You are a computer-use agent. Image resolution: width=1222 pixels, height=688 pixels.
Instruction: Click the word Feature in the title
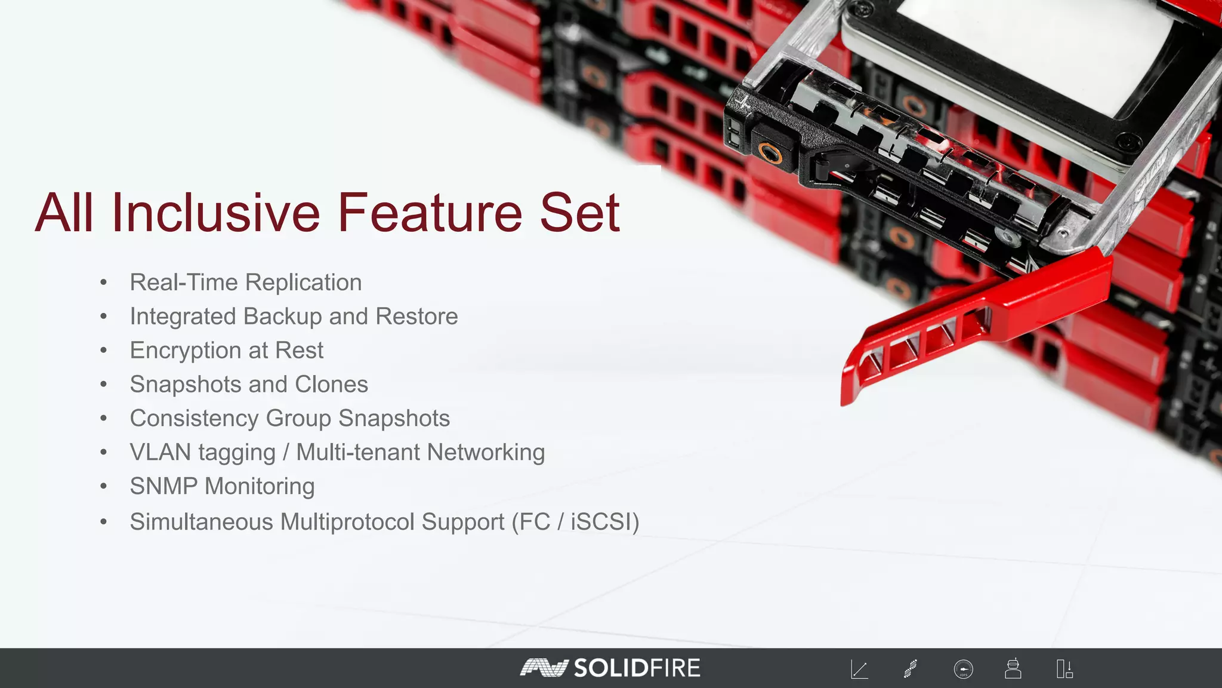tap(431, 213)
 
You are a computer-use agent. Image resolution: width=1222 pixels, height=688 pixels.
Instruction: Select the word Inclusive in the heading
tap(216, 213)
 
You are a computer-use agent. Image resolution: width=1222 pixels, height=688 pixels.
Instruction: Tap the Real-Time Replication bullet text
tap(246, 282)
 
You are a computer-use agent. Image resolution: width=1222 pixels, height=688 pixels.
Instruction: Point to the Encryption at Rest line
tap(227, 351)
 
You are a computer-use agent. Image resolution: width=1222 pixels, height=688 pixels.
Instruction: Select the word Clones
tap(331, 385)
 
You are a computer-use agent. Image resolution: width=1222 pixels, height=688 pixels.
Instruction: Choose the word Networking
tap(486, 453)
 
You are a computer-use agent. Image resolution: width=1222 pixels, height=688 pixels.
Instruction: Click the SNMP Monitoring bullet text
tap(222, 487)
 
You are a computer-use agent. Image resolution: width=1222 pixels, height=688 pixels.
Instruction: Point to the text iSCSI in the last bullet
tap(601, 522)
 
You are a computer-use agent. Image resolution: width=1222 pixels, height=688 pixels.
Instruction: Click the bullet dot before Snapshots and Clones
tap(104, 385)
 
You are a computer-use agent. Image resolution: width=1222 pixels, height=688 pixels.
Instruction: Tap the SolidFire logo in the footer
tap(610, 668)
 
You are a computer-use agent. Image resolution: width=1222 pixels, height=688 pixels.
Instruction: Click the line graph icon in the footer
tap(859, 669)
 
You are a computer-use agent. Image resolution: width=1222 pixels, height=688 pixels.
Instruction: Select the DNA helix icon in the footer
tap(911, 669)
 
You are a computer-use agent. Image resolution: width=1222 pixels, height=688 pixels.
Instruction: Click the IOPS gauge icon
tap(963, 669)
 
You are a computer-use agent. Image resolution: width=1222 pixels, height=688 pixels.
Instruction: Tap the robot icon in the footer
tap(1013, 668)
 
